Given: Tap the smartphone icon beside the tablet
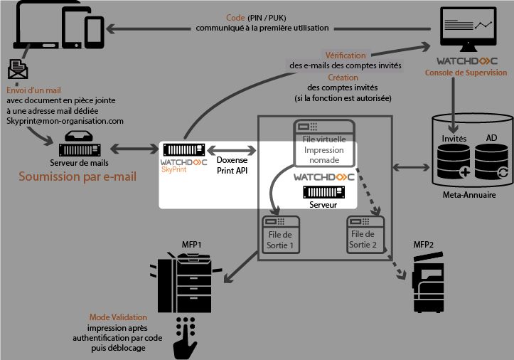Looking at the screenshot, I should [95, 30].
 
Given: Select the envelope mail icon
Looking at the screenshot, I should [18, 70].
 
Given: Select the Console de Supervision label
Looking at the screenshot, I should [466, 73].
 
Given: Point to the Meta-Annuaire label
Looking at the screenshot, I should [470, 194].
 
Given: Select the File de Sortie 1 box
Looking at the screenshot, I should [282, 235].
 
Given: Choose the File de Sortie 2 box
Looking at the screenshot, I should [365, 235].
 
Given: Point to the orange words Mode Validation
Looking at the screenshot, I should [118, 317].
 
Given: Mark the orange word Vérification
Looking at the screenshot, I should [346, 55].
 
